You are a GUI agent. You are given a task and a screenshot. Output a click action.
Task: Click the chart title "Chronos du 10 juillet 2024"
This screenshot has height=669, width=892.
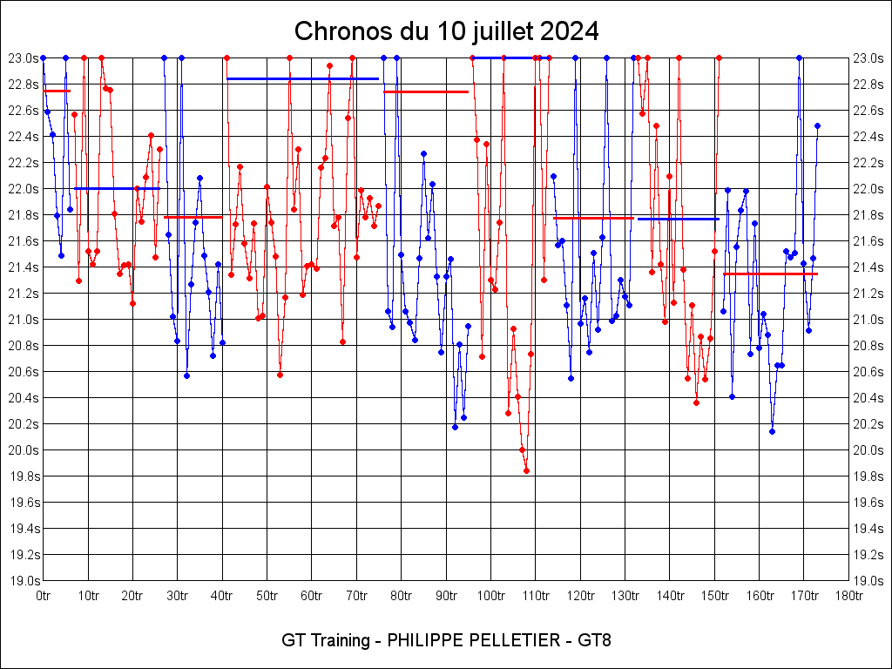pyautogui.click(x=446, y=31)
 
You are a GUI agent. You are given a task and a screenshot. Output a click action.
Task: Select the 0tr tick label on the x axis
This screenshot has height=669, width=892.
pyautogui.click(x=43, y=596)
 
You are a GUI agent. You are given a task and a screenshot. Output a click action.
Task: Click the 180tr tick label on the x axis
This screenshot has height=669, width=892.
pyautogui.click(x=848, y=596)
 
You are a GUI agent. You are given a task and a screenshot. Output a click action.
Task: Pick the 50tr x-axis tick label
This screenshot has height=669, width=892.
pyautogui.click(x=267, y=596)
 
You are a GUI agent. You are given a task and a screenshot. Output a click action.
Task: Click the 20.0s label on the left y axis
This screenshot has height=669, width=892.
pyautogui.click(x=24, y=450)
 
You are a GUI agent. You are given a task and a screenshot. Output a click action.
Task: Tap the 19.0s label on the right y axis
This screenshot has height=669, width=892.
pyautogui.click(x=868, y=581)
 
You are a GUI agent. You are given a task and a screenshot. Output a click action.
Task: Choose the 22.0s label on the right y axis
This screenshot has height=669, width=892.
pyautogui.click(x=868, y=189)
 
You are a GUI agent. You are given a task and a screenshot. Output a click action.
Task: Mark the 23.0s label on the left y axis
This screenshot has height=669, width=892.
pyautogui.click(x=24, y=58)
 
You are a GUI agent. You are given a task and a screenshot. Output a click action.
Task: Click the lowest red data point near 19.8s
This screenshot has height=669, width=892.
pyautogui.click(x=526, y=470)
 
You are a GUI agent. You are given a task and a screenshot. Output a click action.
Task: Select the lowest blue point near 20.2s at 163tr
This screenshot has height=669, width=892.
pyautogui.click(x=772, y=431)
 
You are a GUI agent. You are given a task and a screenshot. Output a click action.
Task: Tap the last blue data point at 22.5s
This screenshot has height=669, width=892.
pyautogui.click(x=817, y=125)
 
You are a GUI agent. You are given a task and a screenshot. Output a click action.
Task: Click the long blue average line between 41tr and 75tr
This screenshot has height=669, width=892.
pyautogui.click(x=302, y=78)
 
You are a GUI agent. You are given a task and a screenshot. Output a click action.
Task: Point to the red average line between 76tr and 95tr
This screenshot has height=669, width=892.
pyautogui.click(x=426, y=91)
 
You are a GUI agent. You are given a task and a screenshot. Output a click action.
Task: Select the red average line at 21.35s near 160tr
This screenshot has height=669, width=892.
pyautogui.click(x=770, y=274)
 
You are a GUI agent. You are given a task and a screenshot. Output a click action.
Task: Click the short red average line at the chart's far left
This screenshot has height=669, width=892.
pyautogui.click(x=56, y=91)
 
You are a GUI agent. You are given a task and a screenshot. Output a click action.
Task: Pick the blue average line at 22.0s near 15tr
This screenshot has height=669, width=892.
pyautogui.click(x=117, y=188)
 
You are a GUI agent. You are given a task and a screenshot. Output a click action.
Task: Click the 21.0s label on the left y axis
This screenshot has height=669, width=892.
pyautogui.click(x=24, y=320)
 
